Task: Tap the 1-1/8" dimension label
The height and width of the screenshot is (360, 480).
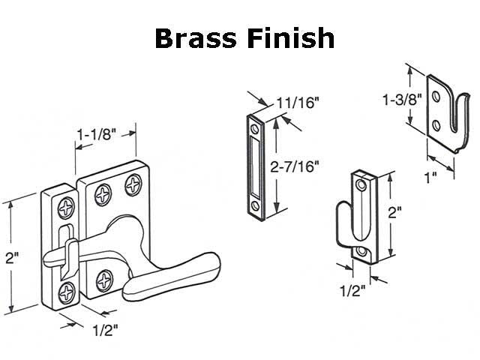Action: click(x=95, y=133)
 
